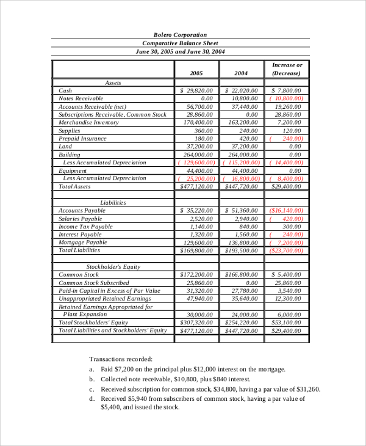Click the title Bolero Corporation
pos(180,35)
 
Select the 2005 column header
pos(196,73)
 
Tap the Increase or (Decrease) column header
pos(287,69)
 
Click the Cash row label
pos(65,90)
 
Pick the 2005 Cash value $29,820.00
pos(196,90)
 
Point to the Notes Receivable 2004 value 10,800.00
pos(242,98)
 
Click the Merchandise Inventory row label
pos(88,122)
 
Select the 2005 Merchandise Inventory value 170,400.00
pos(196,122)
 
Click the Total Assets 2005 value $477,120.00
pos(196,186)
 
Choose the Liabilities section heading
pos(113,202)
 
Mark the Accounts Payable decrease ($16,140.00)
pos(286,210)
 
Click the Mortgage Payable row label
pos(82,242)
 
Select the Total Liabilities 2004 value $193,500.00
pos(242,250)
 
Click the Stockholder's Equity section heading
pos(113,266)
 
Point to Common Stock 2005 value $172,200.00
pos(196,275)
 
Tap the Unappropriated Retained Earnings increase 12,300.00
pos(289,299)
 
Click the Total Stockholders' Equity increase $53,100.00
pos(287,323)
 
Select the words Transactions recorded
pos(121,359)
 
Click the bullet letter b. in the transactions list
pos(91,379)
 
